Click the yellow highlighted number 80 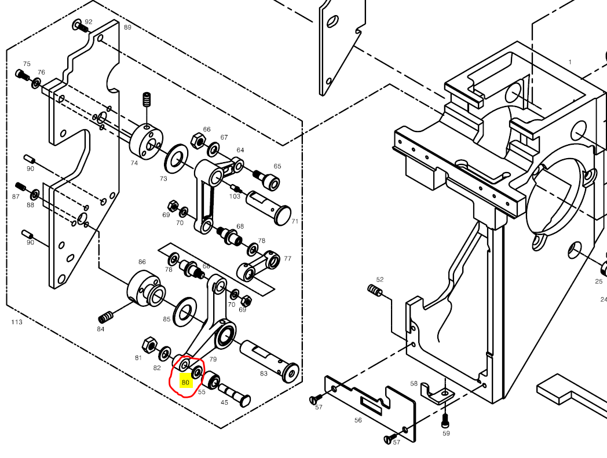pos(185,382)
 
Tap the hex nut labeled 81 pos(148,344)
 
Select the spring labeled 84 pos(106,317)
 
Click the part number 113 pos(17,322)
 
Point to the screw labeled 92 pos(80,25)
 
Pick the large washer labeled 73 pos(175,158)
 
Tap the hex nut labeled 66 pos(196,141)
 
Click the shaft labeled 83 pos(268,358)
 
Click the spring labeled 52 pos(376,290)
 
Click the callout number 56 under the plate pos(358,420)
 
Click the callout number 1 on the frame pos(570,62)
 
